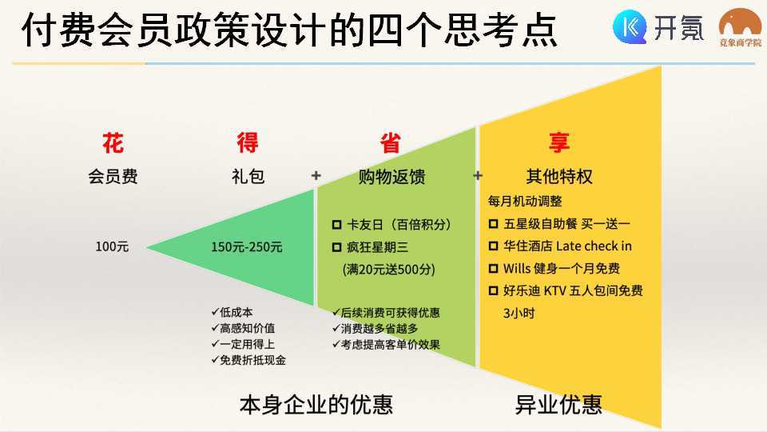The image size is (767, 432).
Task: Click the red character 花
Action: tap(113, 143)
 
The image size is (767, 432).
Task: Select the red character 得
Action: tap(248, 142)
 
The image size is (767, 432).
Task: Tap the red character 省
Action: tap(391, 142)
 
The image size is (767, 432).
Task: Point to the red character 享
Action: tap(559, 142)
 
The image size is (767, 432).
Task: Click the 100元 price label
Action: tap(112, 246)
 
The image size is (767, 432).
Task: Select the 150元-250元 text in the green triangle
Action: tap(247, 247)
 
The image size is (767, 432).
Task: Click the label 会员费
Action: tap(113, 176)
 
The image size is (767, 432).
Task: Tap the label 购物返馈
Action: tap(391, 176)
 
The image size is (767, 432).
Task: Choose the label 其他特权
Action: tap(559, 176)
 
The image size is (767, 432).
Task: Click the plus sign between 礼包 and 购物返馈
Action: tap(316, 175)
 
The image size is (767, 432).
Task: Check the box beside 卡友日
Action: tap(336, 225)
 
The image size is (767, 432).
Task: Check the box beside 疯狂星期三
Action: tap(336, 247)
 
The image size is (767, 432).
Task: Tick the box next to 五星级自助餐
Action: tap(494, 224)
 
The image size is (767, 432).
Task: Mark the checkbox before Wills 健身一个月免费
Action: tap(494, 269)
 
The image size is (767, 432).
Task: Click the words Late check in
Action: tap(594, 246)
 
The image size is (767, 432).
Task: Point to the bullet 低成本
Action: tap(232, 312)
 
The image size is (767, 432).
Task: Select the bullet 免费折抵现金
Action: tap(248, 360)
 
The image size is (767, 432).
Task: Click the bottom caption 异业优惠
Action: tap(558, 405)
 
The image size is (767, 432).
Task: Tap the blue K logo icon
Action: tap(630, 27)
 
